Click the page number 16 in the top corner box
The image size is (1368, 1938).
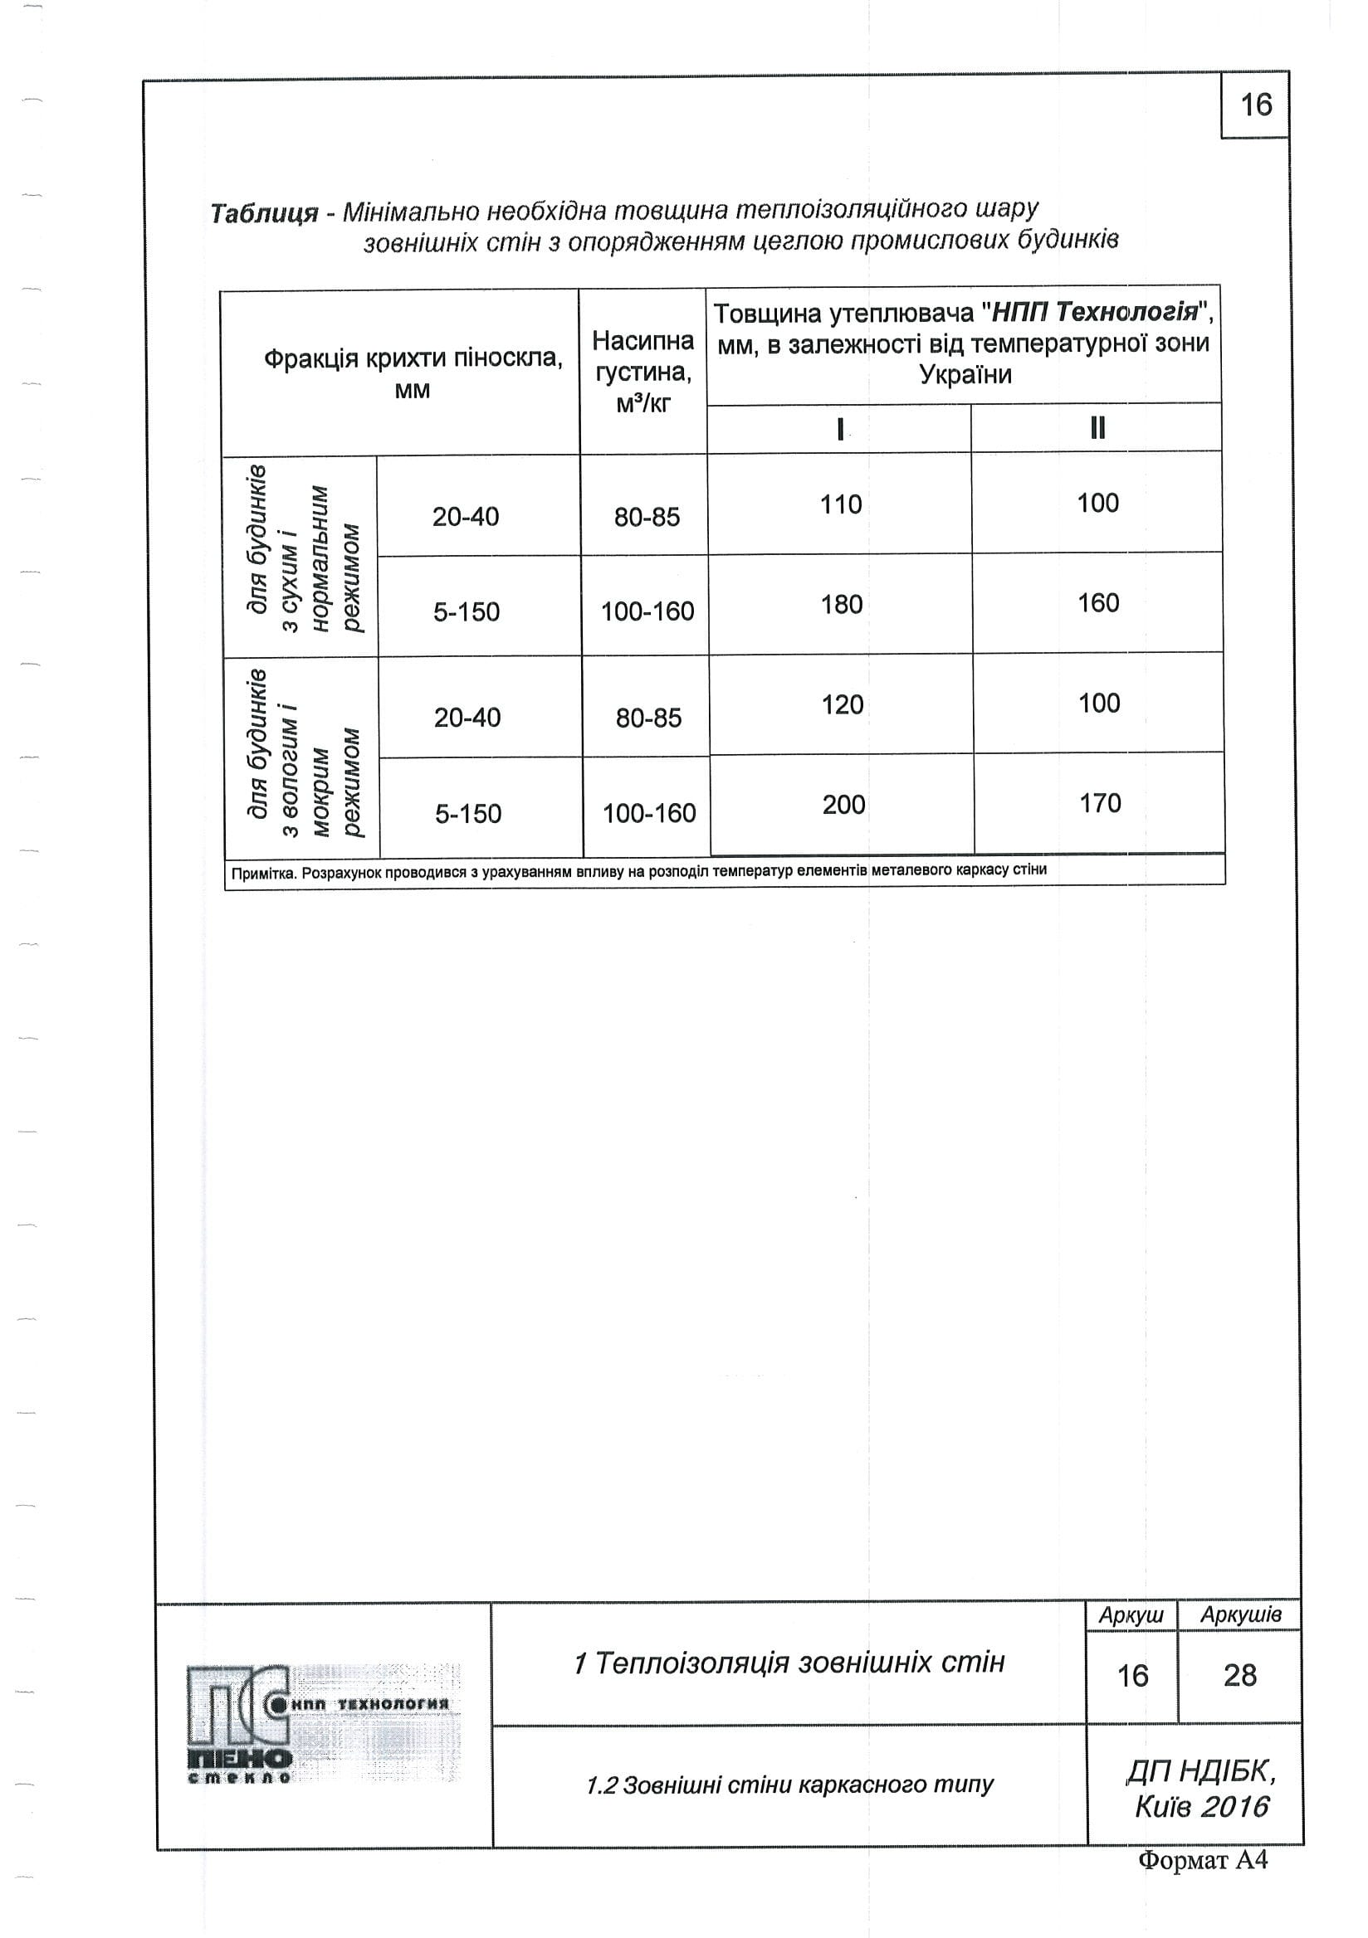1255,105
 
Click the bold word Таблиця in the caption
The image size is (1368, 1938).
263,213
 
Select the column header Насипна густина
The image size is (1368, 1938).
643,372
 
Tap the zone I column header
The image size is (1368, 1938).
839,430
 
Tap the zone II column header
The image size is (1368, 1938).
1097,429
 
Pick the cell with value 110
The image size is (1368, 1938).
841,504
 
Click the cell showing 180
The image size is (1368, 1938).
842,604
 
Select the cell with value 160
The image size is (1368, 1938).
1097,602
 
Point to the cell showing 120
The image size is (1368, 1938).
843,705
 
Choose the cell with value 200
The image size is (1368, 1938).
843,805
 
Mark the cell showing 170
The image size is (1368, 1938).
1100,803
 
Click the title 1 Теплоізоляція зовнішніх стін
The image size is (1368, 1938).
789,1663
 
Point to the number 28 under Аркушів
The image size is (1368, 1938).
1239,1676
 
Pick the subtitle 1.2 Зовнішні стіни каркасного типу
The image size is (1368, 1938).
789,1785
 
